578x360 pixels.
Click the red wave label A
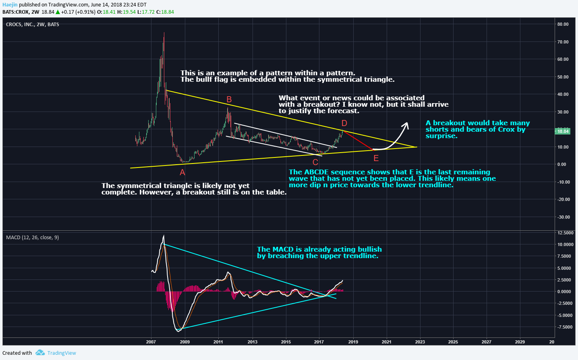coord(182,172)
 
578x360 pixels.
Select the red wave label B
coord(229,99)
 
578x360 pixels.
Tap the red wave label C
coord(315,162)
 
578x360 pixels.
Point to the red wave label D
coord(344,123)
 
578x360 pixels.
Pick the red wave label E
coord(376,158)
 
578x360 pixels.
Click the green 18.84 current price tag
coord(563,131)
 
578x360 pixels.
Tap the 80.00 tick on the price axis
coord(563,24)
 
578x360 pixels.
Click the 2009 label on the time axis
coord(184,342)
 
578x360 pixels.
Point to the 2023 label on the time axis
coord(420,342)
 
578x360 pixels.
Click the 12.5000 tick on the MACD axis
coord(566,233)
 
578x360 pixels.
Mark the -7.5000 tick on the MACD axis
coord(565,327)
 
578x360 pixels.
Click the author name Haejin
coord(10,5)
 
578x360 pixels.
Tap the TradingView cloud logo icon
coord(40,353)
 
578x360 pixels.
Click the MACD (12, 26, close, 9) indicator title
coord(32,238)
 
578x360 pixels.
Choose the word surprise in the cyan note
coord(441,136)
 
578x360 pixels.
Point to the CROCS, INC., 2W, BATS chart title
coord(32,25)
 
